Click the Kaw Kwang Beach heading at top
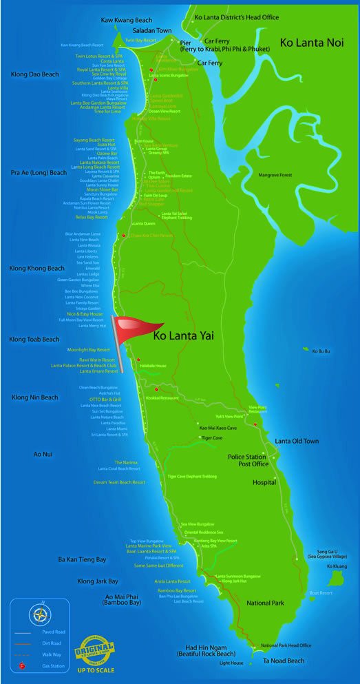tap(126, 20)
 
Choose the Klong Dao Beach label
tap(35, 74)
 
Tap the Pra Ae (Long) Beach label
tap(39, 172)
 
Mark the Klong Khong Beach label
tap(36, 268)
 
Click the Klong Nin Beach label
tap(35, 397)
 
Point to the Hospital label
tap(264, 483)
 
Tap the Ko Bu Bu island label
tap(321, 351)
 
